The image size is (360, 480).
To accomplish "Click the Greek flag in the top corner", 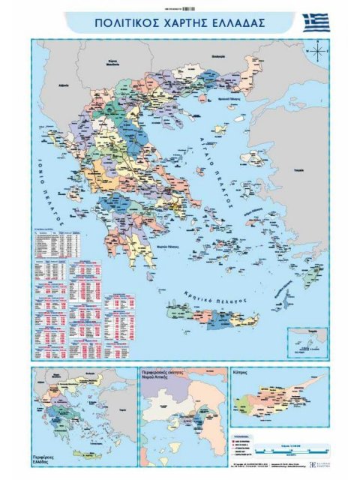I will [316, 22].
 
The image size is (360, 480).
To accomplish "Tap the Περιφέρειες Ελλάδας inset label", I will [45, 458].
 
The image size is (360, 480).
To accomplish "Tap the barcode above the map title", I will [179, 7].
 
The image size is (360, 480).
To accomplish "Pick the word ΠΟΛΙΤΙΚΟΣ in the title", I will [121, 22].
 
